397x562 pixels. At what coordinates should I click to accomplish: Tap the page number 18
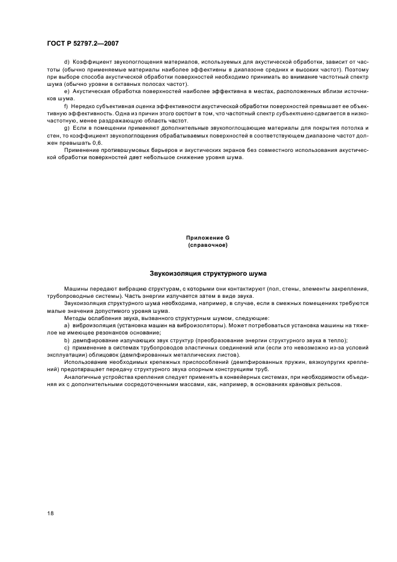(x=50, y=513)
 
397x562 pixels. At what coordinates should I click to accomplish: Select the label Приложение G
(x=207, y=238)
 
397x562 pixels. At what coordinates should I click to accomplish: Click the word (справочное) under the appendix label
(x=207, y=245)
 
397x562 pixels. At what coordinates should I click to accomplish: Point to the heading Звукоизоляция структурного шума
(x=207, y=273)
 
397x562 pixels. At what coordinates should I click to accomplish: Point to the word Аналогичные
(x=82, y=377)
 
